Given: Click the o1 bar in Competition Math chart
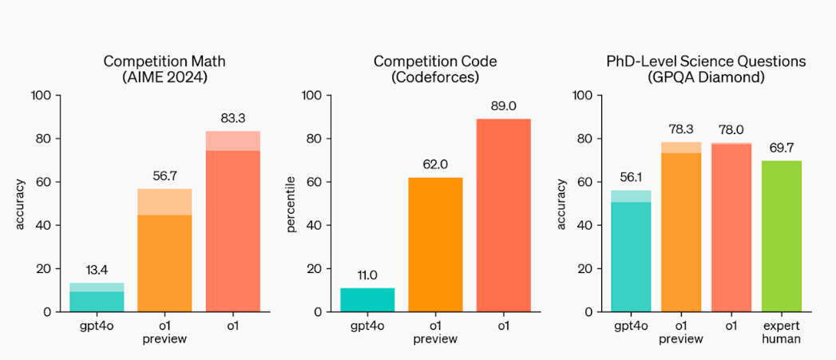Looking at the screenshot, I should point(232,224).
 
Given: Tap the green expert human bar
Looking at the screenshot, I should point(782,235).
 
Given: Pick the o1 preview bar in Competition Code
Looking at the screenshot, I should point(435,243).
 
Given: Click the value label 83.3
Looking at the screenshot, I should point(232,119).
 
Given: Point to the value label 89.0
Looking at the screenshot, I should point(503,108).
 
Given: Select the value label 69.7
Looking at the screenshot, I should point(782,148).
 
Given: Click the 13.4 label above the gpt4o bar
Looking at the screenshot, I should point(97,271).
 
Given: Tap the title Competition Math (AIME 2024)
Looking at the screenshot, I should point(164,69).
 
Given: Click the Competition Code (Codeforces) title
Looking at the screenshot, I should point(435,69).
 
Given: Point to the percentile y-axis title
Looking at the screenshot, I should point(291,205).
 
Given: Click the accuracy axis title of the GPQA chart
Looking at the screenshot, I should point(562,204).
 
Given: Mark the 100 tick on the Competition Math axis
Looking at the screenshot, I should point(40,96).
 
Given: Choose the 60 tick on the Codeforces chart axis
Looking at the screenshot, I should point(314,182).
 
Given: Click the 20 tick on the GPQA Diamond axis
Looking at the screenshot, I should point(585,268).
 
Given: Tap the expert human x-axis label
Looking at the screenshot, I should point(782,332).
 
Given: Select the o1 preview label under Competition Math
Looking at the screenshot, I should point(164,332).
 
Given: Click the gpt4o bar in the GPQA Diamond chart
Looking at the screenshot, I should point(631,251).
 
